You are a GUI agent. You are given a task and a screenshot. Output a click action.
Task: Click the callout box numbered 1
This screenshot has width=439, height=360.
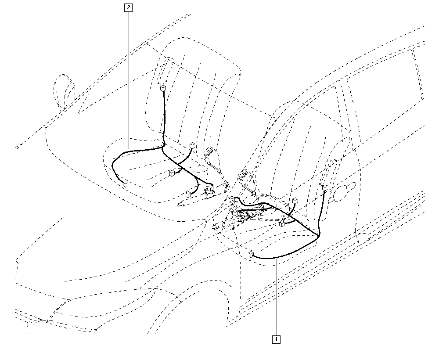[276, 339]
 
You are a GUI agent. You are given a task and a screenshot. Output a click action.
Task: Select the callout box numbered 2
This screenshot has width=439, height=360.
[129, 7]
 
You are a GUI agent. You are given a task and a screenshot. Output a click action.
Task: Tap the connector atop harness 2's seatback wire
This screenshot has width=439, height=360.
[163, 89]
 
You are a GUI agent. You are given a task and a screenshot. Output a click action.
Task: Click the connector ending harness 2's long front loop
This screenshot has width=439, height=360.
[126, 184]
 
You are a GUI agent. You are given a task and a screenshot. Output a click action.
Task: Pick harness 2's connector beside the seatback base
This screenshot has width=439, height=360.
[192, 145]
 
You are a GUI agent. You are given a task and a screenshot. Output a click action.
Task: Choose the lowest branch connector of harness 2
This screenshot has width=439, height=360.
[188, 194]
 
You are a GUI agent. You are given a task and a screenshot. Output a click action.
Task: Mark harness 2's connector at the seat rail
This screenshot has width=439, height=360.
[210, 188]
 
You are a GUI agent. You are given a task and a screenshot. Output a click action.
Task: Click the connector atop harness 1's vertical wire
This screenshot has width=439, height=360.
[325, 187]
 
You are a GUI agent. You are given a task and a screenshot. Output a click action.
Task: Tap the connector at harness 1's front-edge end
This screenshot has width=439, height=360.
[251, 254]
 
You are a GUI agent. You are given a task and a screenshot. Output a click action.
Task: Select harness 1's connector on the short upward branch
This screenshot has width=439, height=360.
[295, 201]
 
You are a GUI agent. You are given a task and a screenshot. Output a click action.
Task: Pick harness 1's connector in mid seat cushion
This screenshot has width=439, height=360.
[282, 223]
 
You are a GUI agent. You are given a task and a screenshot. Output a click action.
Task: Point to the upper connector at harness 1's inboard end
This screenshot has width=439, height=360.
[233, 199]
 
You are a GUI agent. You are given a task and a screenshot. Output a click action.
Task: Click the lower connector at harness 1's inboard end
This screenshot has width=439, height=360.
[235, 212]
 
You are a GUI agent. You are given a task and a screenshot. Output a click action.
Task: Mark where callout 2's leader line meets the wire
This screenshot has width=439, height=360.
[129, 151]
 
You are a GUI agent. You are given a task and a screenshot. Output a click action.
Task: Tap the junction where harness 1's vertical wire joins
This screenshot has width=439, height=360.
[319, 234]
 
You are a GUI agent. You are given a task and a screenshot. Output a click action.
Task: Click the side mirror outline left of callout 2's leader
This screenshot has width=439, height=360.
[65, 91]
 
